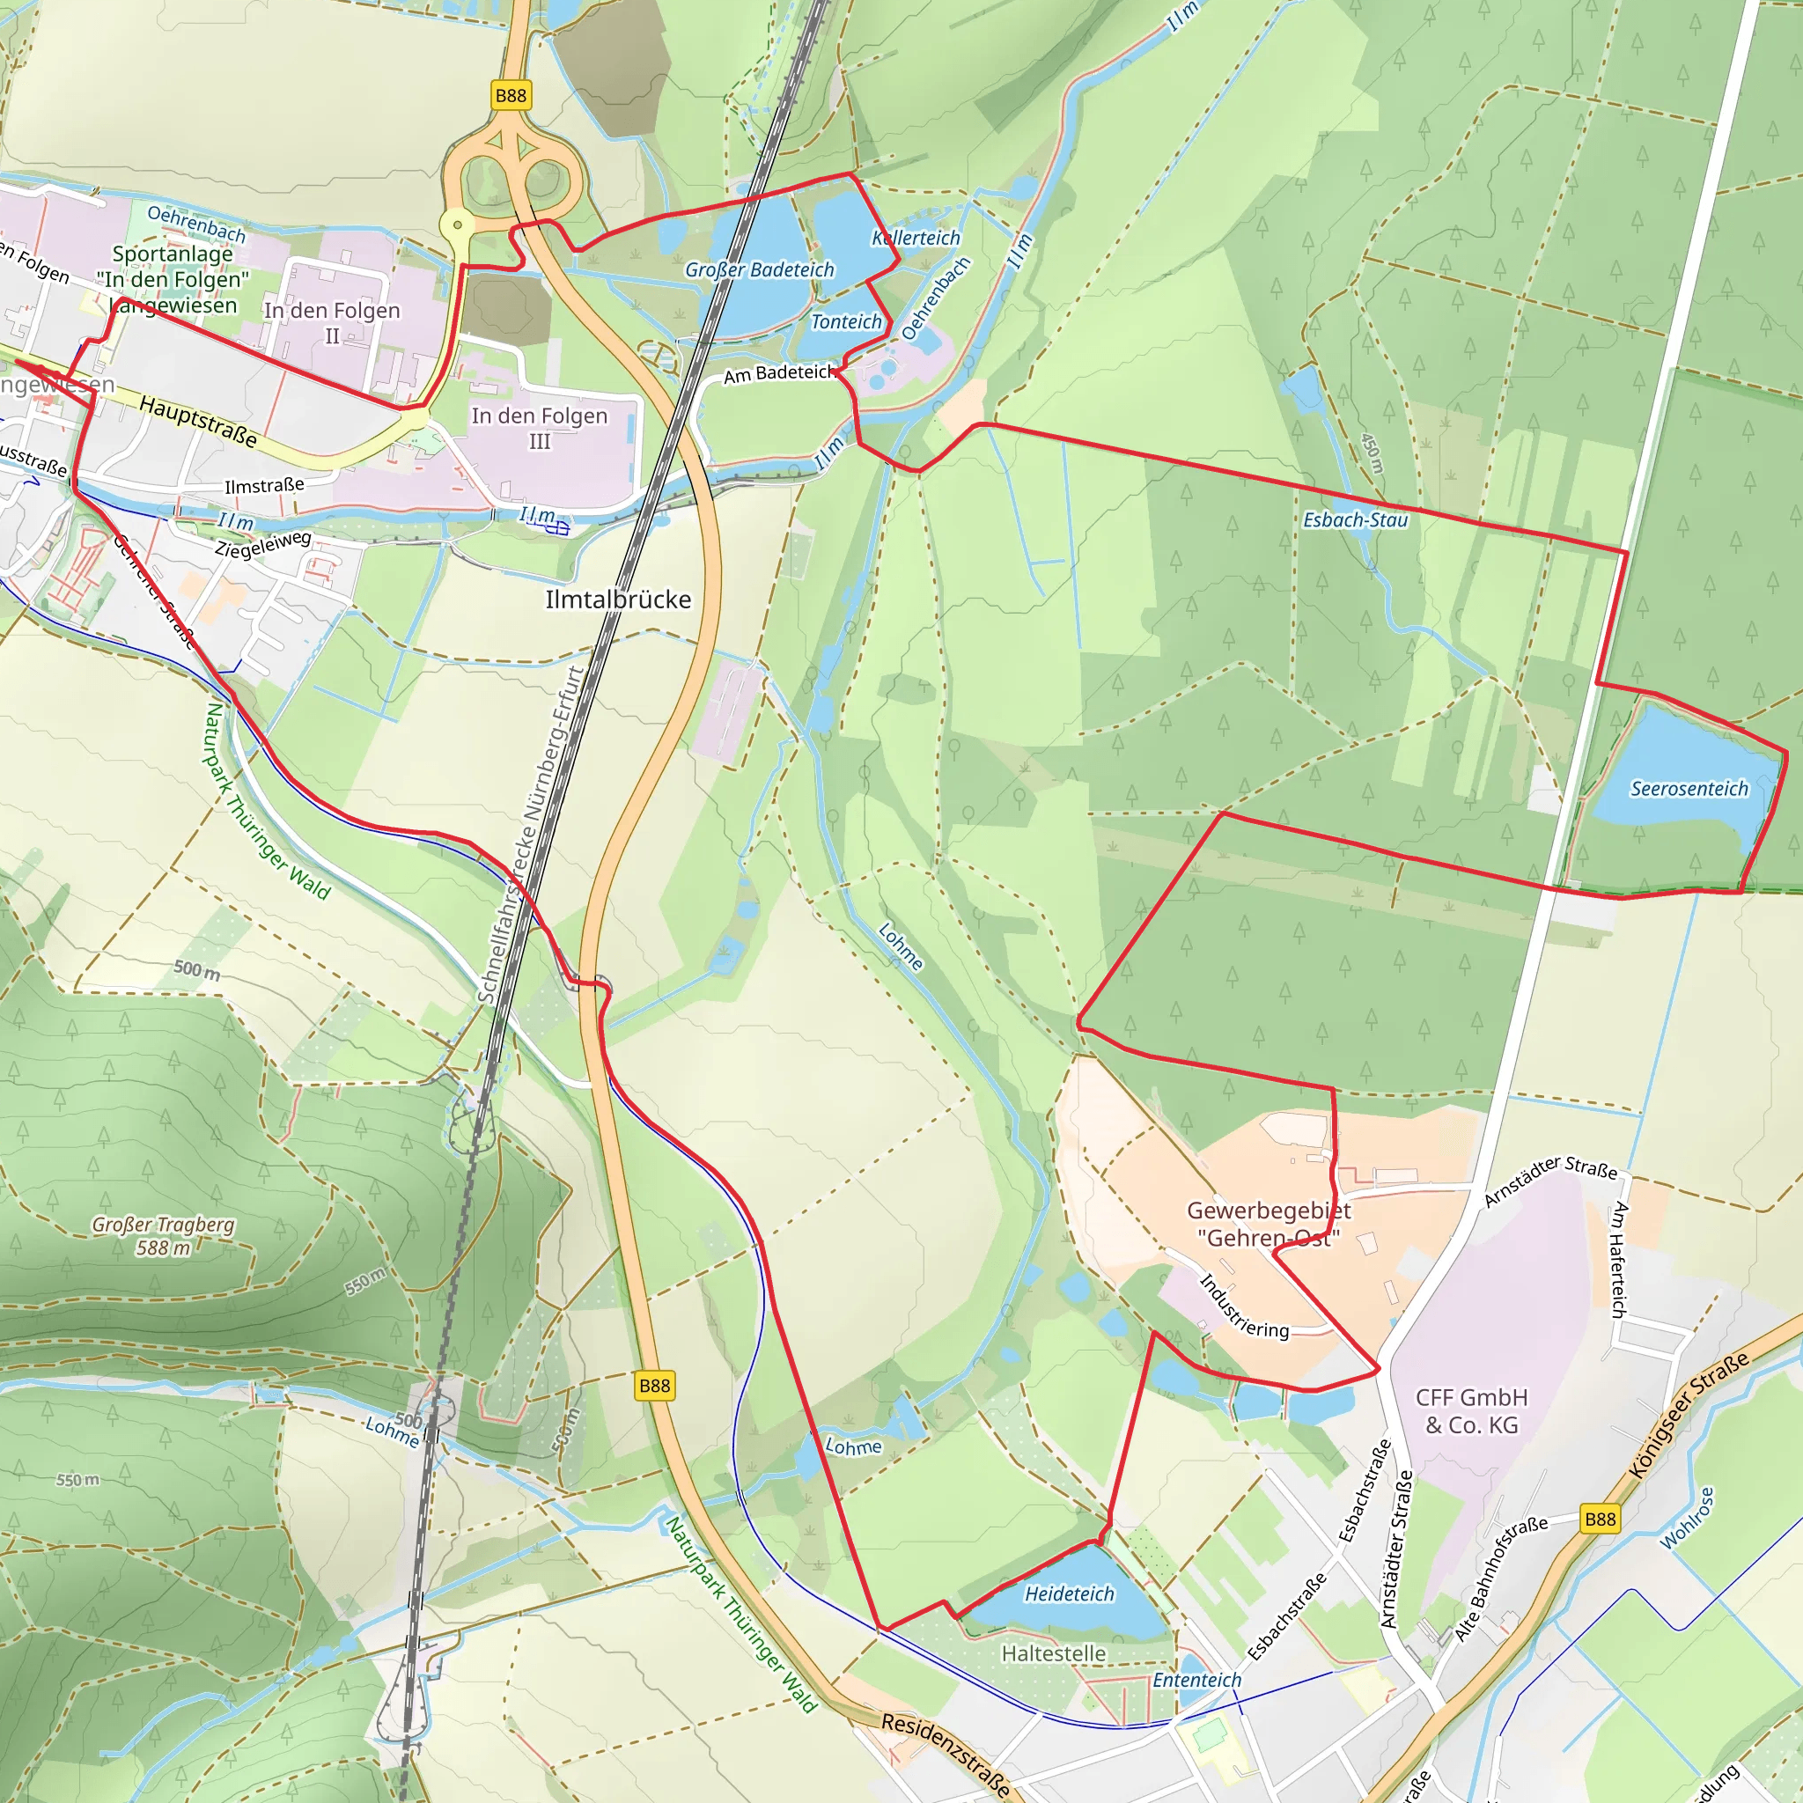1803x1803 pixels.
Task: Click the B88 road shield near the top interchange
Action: (x=511, y=95)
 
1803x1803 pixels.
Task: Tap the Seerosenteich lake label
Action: (x=1689, y=789)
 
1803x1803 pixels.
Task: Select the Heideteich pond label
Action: (x=1070, y=1594)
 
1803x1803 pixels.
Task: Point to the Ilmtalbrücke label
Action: (x=618, y=600)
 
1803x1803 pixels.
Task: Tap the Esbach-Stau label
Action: (x=1355, y=519)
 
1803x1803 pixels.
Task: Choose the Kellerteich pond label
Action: (x=916, y=238)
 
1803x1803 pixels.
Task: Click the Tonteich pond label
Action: (x=845, y=322)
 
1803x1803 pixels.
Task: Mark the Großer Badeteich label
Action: (x=760, y=269)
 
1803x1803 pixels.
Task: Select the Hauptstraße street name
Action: (x=198, y=421)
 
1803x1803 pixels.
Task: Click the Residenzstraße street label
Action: (x=946, y=1755)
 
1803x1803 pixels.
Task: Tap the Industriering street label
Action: (x=1243, y=1307)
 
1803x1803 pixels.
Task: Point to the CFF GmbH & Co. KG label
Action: (x=1472, y=1410)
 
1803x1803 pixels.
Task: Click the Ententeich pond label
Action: (x=1196, y=1680)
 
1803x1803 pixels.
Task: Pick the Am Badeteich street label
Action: (x=777, y=373)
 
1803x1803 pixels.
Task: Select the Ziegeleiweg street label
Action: (x=263, y=544)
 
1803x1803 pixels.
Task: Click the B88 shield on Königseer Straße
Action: (x=1600, y=1519)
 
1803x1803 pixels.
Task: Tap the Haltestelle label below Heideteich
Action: (x=1054, y=1653)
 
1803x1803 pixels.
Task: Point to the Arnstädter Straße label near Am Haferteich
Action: (x=1550, y=1181)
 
